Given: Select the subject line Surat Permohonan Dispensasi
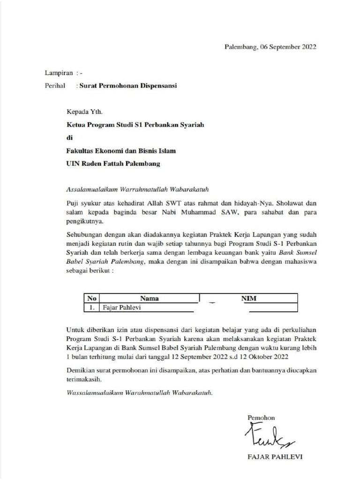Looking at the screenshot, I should (x=127, y=86).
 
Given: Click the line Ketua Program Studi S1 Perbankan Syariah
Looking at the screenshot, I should (x=135, y=125).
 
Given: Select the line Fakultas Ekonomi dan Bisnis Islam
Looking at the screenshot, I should (x=122, y=151).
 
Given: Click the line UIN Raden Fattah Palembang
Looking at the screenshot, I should (x=113, y=164).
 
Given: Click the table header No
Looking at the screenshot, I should (x=91, y=298).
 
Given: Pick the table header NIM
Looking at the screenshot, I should (x=248, y=298).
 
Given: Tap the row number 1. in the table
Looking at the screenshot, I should (x=92, y=308).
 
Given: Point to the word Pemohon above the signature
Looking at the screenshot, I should (x=261, y=417).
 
